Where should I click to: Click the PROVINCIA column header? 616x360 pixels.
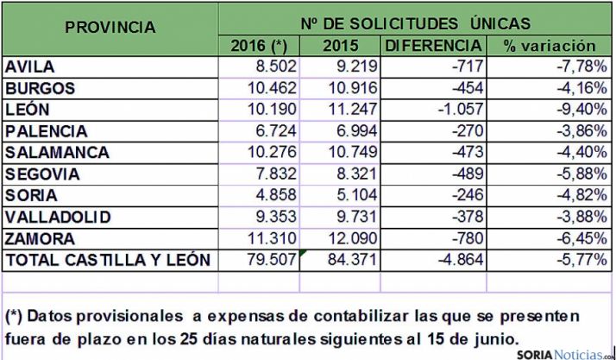(x=110, y=27)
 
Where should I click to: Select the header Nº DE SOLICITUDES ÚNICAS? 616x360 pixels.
(x=415, y=22)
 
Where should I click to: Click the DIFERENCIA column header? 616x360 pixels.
(x=433, y=46)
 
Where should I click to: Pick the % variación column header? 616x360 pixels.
(x=550, y=46)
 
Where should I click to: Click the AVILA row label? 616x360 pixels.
(x=30, y=67)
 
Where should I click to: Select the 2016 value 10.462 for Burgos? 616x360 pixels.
(x=271, y=89)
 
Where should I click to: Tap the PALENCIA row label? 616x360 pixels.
(x=47, y=132)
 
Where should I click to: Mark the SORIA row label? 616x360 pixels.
(x=31, y=195)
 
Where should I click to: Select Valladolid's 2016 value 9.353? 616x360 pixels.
(x=275, y=217)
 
